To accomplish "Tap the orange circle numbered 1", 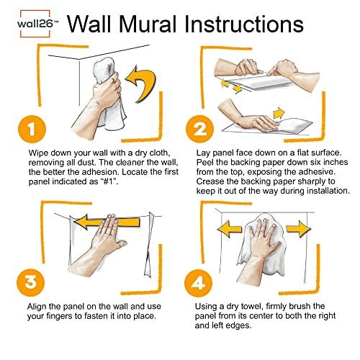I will pyautogui.click(x=27, y=130).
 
